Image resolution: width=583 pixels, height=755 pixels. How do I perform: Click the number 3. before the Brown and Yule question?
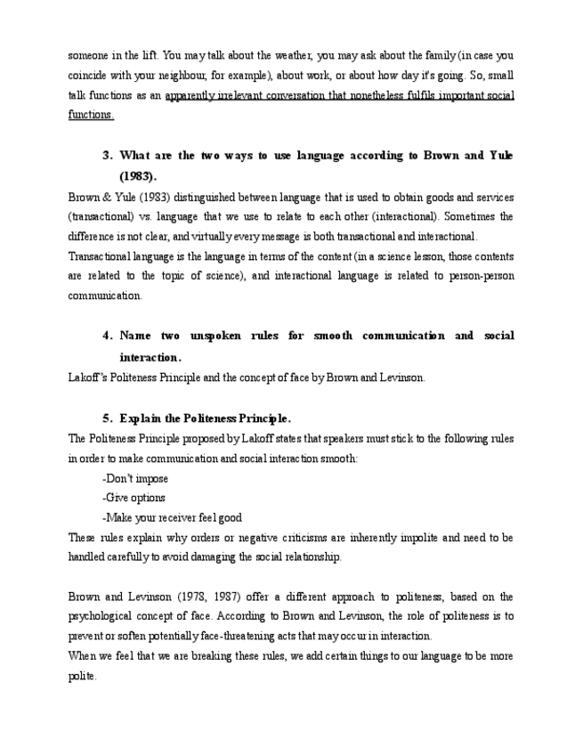[107, 156]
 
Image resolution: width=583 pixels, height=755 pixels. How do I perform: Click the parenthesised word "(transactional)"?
[104, 216]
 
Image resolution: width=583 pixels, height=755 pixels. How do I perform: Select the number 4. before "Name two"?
[107, 336]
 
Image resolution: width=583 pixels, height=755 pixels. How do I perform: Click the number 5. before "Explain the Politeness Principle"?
[107, 418]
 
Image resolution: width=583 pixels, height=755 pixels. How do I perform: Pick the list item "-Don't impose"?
[135, 478]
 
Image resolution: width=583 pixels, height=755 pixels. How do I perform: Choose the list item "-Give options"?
[134, 498]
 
